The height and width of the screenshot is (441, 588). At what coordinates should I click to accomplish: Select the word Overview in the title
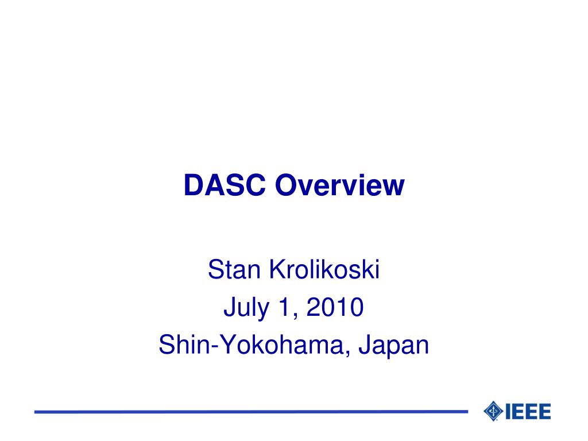tap(340, 185)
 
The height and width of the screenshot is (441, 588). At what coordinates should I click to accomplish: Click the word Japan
tap(394, 346)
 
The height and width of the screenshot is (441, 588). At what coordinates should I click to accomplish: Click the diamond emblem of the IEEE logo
tap(493, 411)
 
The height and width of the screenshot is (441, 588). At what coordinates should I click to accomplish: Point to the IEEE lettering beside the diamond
tap(528, 411)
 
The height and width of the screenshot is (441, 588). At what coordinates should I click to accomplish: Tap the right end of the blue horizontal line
tap(466, 412)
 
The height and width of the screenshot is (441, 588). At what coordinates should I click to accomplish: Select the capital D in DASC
tap(192, 185)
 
